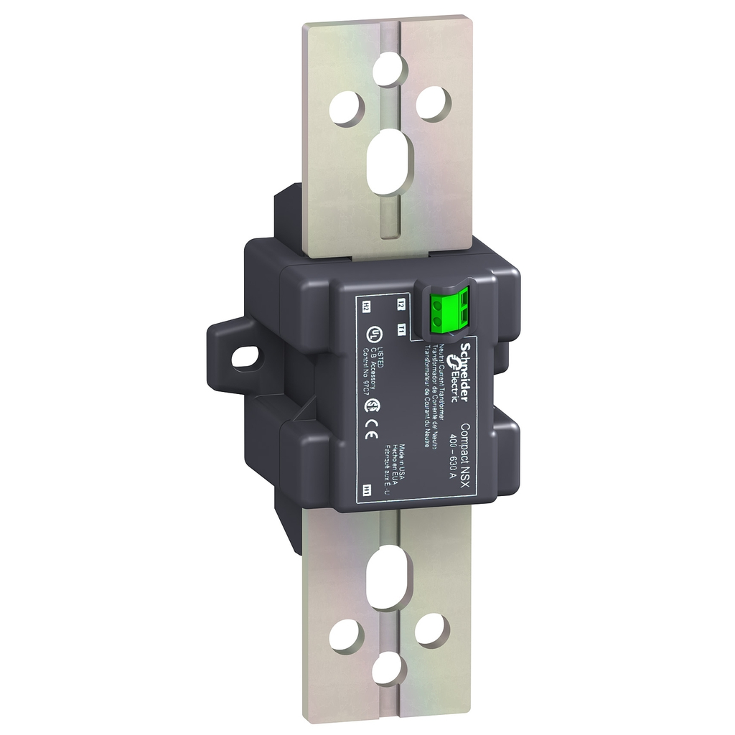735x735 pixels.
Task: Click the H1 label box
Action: [367, 490]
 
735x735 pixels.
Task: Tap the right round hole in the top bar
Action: [431, 102]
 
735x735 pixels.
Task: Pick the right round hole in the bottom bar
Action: [429, 629]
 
